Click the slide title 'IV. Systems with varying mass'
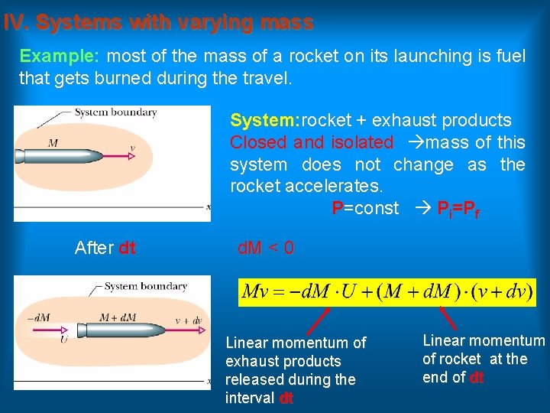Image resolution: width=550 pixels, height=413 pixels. [158, 23]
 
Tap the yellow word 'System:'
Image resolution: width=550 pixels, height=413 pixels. [266, 121]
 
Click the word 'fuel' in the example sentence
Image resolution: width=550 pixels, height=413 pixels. [510, 57]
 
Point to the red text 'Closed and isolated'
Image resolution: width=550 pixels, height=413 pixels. [312, 143]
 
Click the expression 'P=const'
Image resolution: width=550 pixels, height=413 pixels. [365, 208]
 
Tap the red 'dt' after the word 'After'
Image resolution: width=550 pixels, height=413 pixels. [128, 249]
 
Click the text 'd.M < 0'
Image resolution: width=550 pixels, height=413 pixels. [266, 249]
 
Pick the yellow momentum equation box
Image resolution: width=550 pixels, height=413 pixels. [387, 292]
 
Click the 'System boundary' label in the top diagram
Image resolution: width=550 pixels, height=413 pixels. [115, 112]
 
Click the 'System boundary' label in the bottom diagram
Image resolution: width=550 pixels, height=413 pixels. [145, 287]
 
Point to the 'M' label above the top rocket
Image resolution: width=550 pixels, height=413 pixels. [53, 143]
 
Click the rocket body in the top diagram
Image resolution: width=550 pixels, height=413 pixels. [61, 158]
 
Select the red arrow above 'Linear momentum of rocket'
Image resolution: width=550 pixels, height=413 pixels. [448, 317]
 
